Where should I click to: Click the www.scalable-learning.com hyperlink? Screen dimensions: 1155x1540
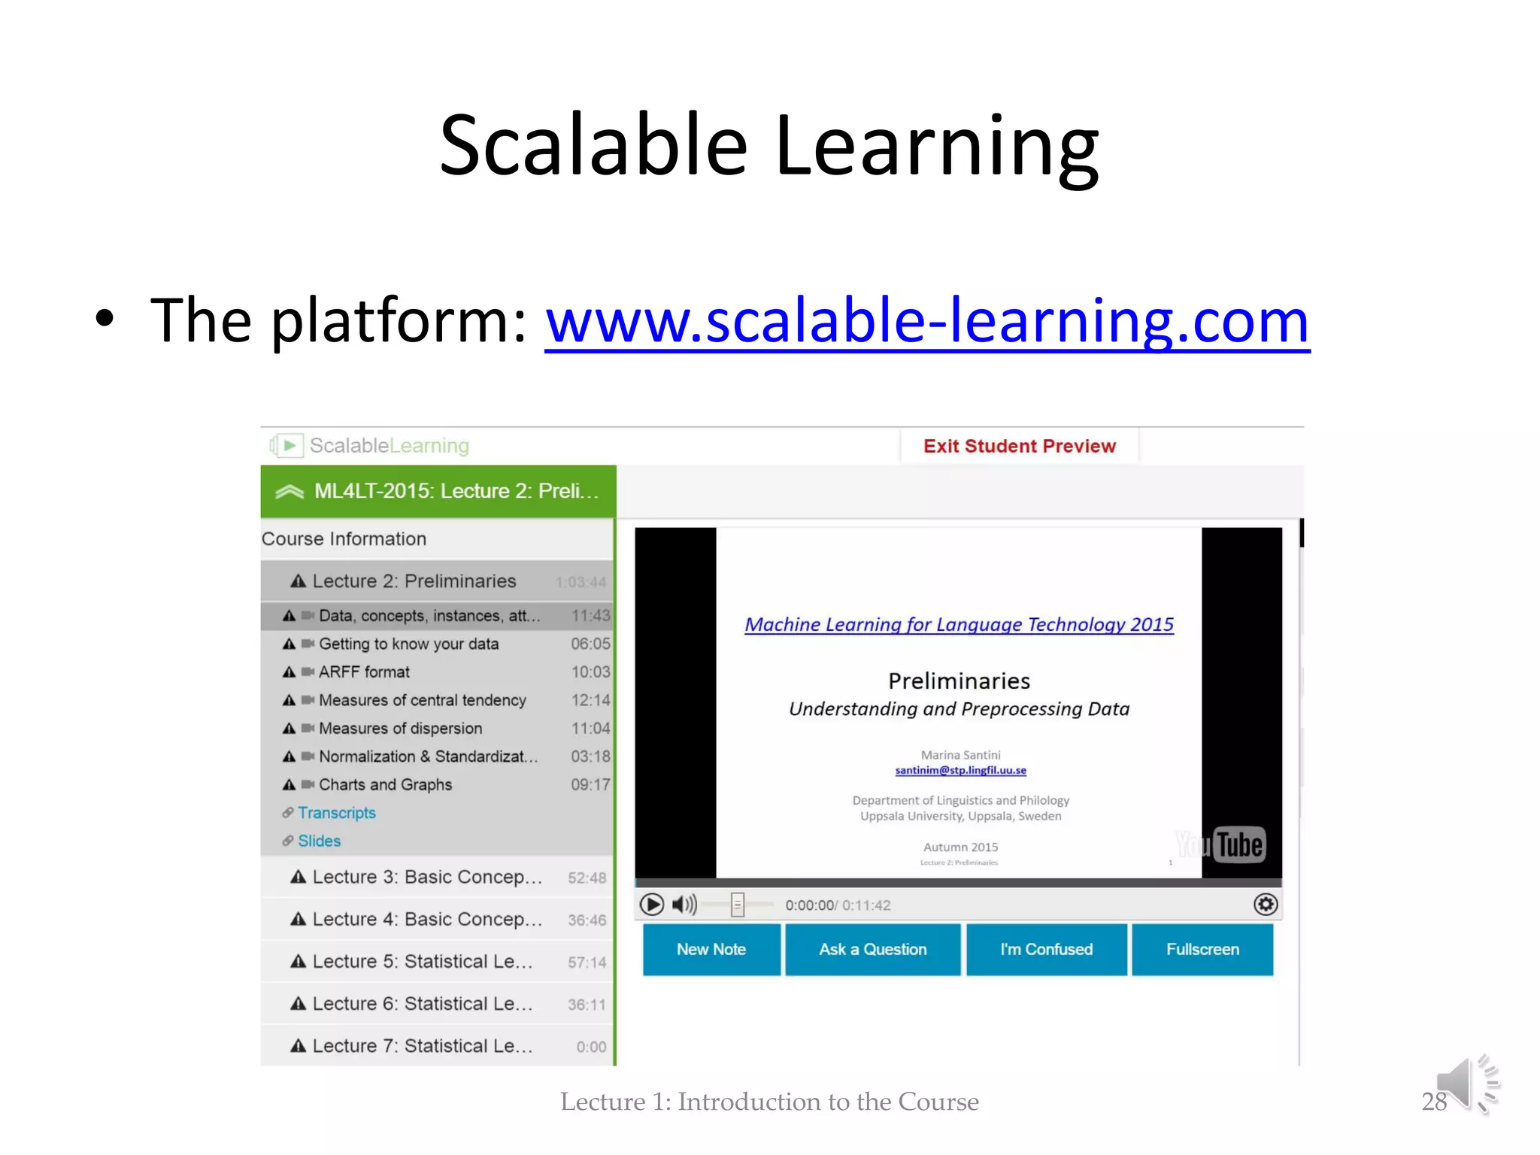(x=926, y=321)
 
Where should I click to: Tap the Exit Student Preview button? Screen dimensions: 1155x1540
(x=1019, y=446)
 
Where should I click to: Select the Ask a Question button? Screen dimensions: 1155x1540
(x=872, y=949)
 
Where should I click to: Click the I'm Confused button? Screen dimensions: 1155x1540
(x=1046, y=949)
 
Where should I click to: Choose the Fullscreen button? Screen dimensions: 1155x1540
(x=1202, y=949)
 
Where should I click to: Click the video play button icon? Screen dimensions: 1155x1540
(x=651, y=904)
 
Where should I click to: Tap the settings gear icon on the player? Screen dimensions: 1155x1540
(x=1266, y=904)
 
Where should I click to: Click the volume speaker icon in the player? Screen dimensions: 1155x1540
(x=684, y=904)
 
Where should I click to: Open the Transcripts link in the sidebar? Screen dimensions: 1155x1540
(x=336, y=813)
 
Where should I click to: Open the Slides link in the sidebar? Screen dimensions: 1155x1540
(x=319, y=841)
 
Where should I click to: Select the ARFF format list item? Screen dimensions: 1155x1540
(x=364, y=671)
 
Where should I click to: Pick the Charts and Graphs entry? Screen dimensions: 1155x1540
(x=385, y=784)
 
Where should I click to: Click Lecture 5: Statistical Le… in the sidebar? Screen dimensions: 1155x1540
(x=422, y=961)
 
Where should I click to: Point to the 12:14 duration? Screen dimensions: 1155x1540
(x=590, y=700)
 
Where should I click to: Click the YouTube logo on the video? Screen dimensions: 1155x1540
(x=1221, y=845)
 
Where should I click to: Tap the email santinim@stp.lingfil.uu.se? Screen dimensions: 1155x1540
(x=960, y=770)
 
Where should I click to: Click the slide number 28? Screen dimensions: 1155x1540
(x=1434, y=1101)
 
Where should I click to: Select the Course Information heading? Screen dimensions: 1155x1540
(x=344, y=538)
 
